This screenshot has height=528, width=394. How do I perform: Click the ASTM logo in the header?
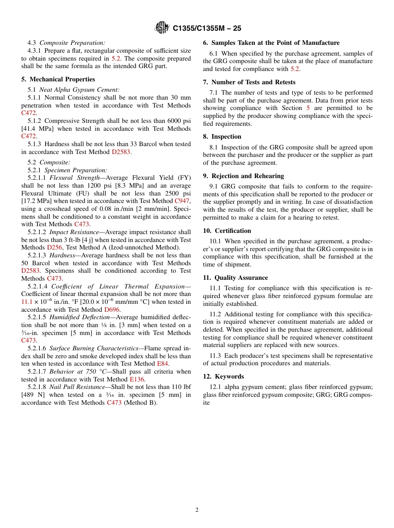coord(162,28)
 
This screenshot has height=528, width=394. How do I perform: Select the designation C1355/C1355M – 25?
coord(207,28)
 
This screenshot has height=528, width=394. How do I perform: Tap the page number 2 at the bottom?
coord(197,510)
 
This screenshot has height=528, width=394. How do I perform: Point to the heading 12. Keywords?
coord(223,376)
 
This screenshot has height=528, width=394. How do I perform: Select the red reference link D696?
coord(112,309)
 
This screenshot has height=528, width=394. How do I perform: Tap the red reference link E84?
coord(163,364)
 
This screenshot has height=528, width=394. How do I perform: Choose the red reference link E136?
coord(137,379)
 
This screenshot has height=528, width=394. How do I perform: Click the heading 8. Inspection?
coord(222,137)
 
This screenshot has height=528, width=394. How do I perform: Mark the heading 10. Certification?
coord(227,231)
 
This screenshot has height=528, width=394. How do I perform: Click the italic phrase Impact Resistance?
coord(74,232)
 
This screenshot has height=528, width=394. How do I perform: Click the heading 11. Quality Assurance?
coord(235,278)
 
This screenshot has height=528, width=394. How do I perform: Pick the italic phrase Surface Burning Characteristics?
coord(94,348)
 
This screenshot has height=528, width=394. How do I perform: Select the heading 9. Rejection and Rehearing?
coord(243,176)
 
